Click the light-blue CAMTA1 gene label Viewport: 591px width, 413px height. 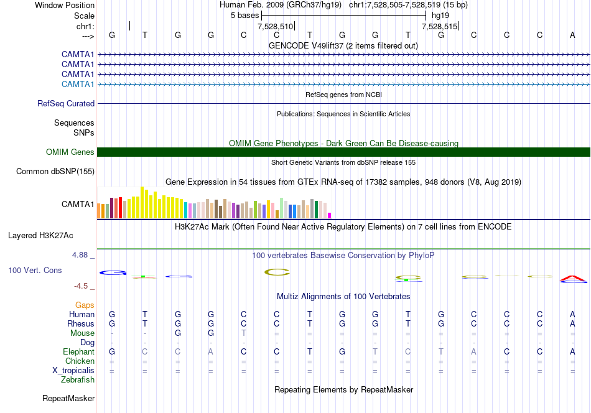point(78,84)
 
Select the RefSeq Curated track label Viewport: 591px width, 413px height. point(66,104)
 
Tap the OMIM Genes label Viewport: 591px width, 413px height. point(70,152)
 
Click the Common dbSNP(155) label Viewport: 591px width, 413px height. point(55,172)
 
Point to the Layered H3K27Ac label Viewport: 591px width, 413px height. point(40,236)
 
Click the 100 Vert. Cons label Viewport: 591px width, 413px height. point(35,270)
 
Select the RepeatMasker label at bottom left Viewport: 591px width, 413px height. point(68,398)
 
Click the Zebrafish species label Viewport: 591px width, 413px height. point(78,380)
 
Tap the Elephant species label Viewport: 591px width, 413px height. point(79,351)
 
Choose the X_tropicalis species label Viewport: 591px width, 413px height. point(73,371)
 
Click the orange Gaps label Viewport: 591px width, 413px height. point(85,305)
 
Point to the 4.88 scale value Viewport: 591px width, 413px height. point(80,255)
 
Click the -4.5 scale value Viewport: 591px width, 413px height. point(81,286)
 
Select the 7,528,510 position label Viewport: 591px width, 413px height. point(275,26)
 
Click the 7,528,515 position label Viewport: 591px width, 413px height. point(439,26)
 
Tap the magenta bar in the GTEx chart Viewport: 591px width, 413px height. point(330,216)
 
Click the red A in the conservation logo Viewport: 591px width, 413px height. point(572,279)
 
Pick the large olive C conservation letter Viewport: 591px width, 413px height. point(277,272)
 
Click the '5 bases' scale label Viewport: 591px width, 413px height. point(245,16)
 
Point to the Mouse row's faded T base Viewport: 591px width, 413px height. point(243,333)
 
